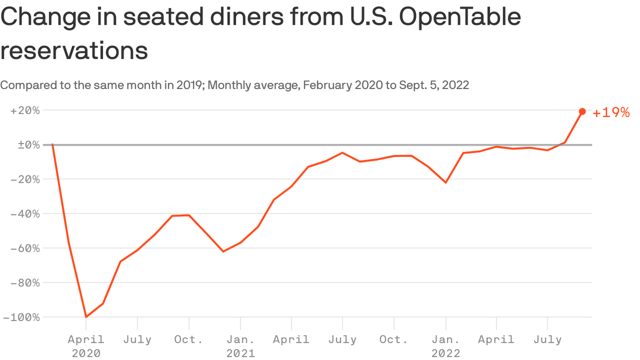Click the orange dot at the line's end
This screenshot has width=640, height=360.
pos(582,112)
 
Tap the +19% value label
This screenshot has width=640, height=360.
pos(611,113)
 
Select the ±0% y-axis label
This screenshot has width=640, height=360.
pos(29,145)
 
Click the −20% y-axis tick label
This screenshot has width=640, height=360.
pos(27,180)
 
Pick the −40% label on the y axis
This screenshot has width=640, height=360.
pos(27,214)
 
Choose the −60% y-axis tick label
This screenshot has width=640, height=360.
pos(27,248)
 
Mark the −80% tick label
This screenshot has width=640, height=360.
pos(27,283)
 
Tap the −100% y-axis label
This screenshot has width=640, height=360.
pos(23,317)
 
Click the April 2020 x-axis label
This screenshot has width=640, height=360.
pos(86,345)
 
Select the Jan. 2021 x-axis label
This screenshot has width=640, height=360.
pos(240,345)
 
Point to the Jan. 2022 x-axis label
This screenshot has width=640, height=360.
pos(446,345)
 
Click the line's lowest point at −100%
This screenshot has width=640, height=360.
pos(86,317)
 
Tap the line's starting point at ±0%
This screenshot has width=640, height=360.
pos(52,144)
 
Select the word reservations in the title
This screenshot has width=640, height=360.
pos(74,51)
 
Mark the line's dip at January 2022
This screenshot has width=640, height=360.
pos(446,182)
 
